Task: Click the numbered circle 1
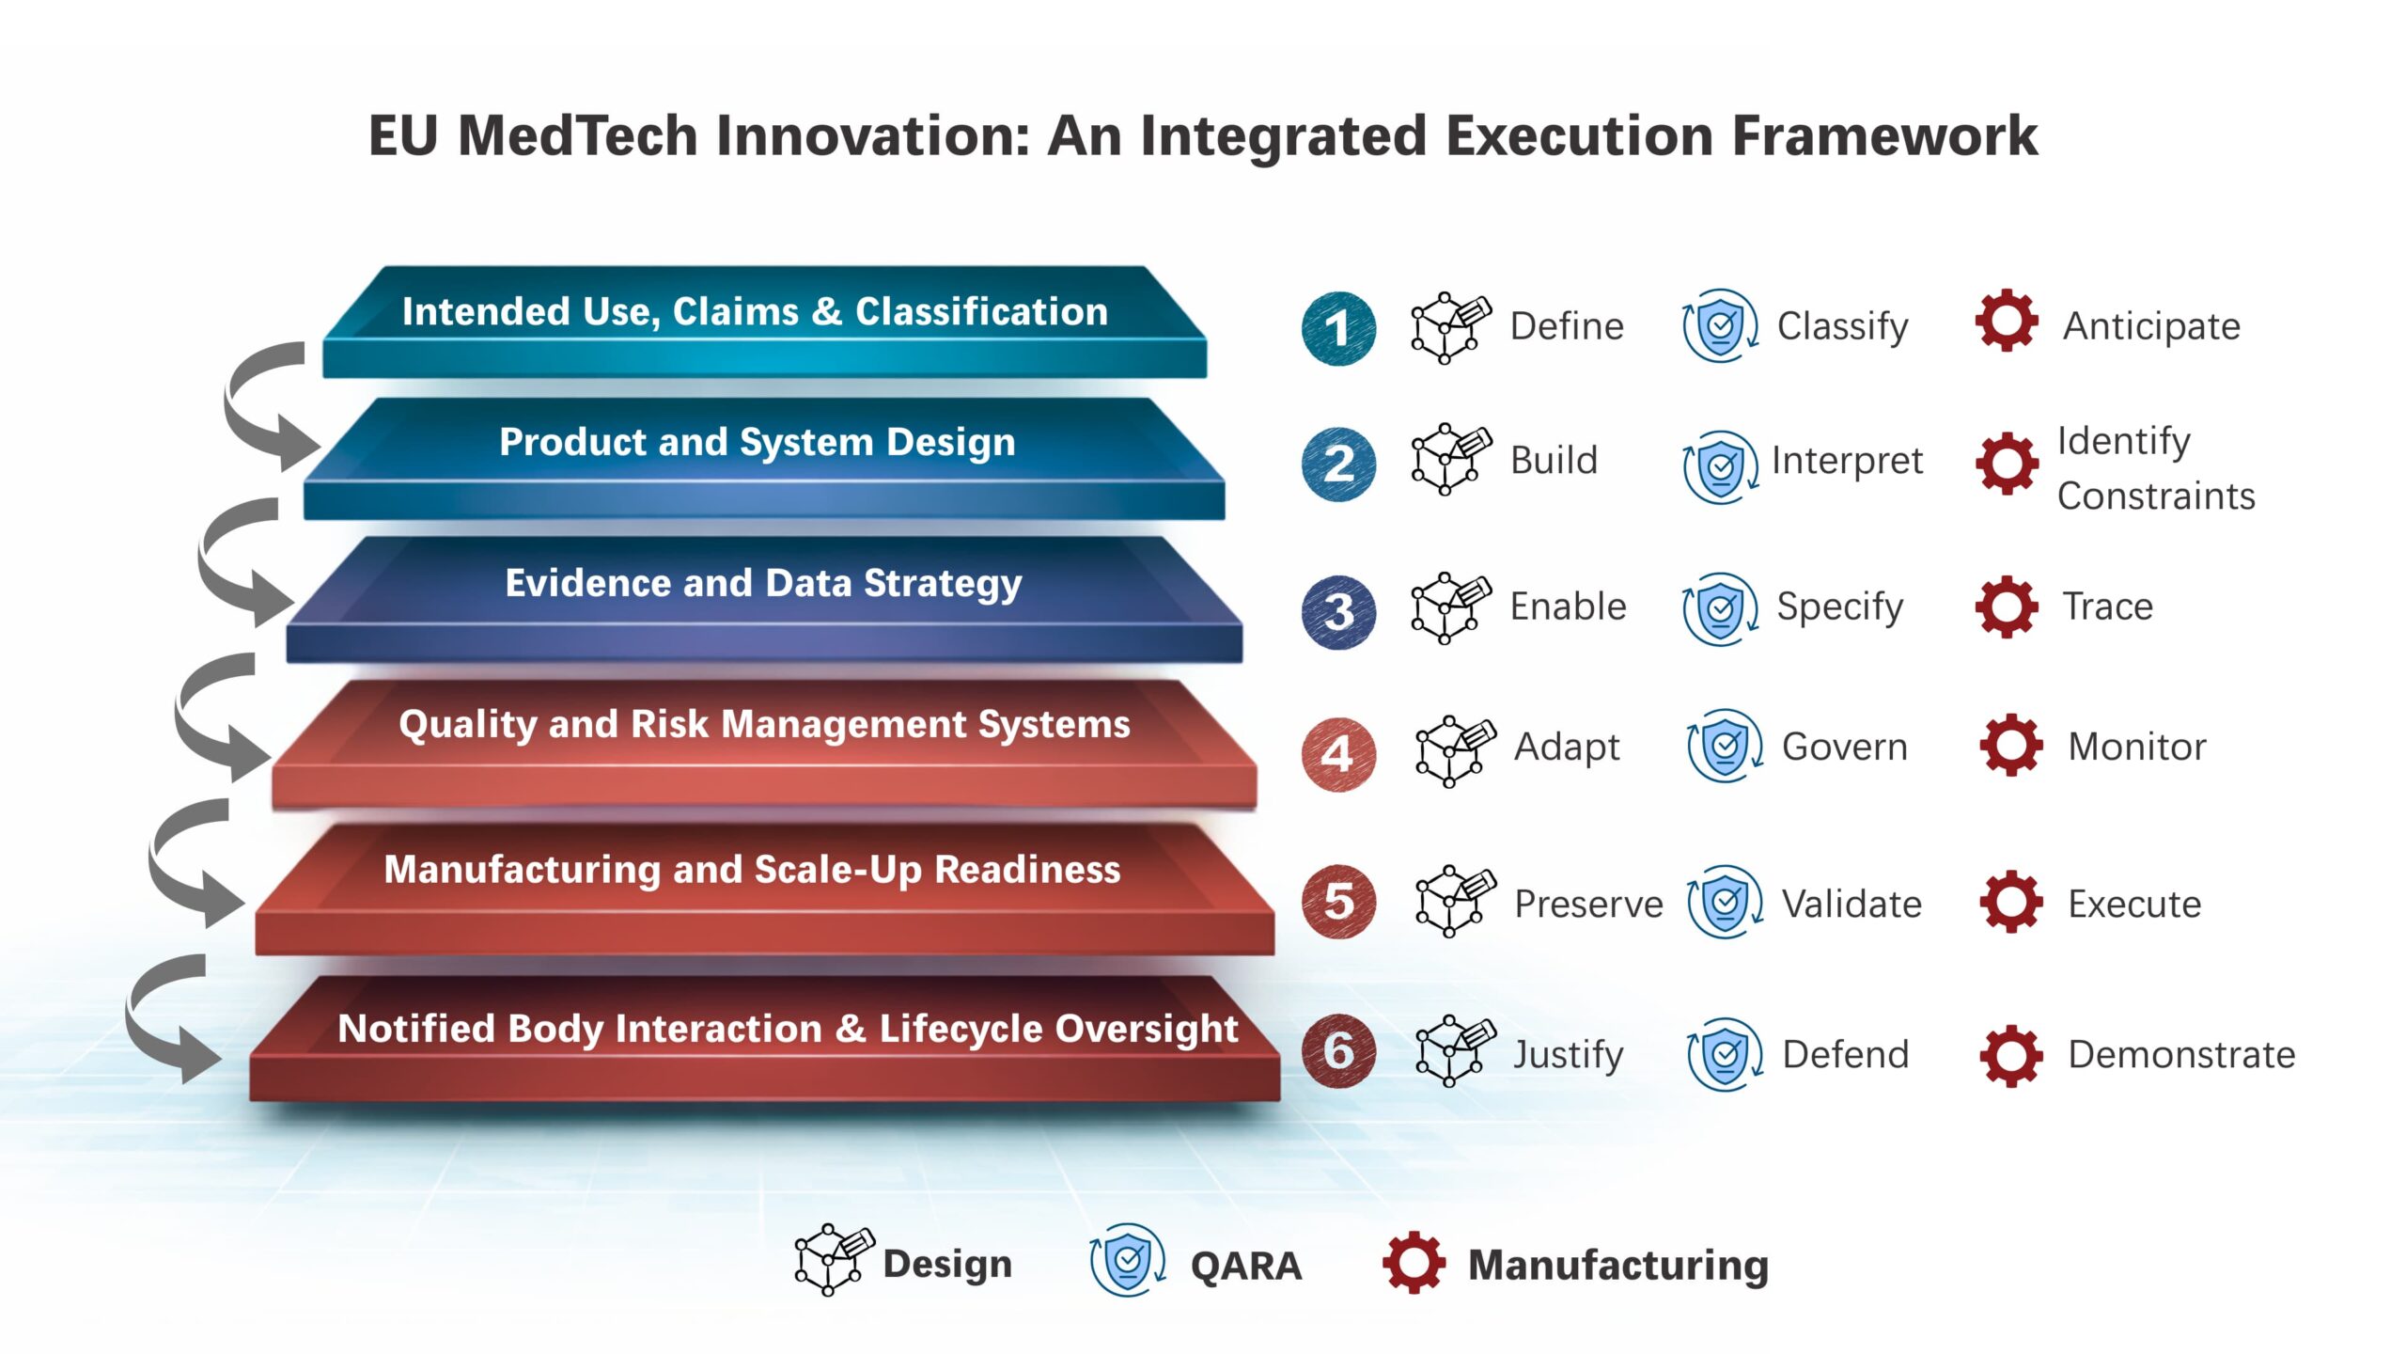[x=1338, y=328]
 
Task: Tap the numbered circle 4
[x=1338, y=754]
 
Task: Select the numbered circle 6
[x=1338, y=1051]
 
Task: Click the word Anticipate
[x=2151, y=327]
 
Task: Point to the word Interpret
[x=1847, y=462]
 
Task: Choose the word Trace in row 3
[x=2107, y=606]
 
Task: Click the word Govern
[x=1845, y=748]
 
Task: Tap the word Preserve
[x=1588, y=905]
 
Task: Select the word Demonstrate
[x=2181, y=1055]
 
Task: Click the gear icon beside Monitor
[x=2010, y=746]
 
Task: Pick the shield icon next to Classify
[x=1720, y=326]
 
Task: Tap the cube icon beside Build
[x=1450, y=459]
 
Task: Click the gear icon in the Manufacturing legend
[x=1414, y=1262]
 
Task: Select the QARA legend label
[x=1245, y=1266]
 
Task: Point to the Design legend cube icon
[x=834, y=1260]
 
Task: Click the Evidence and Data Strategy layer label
[x=763, y=584]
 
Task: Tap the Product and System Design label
[x=758, y=443]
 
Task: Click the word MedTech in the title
[x=577, y=135]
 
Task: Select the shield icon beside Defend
[x=1725, y=1055]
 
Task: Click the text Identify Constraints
[x=2156, y=468]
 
